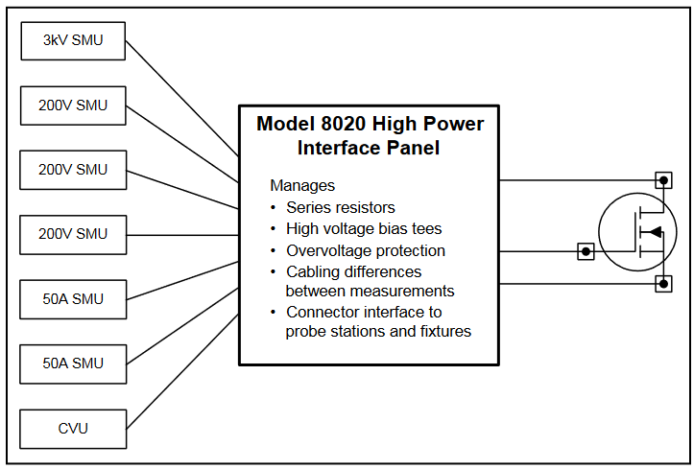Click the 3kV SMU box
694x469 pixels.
click(73, 41)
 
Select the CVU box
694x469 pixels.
click(73, 428)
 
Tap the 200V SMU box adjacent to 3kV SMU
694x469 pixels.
click(73, 106)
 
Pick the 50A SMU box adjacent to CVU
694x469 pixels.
click(73, 363)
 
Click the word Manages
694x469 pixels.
click(302, 185)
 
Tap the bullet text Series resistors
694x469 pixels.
click(340, 207)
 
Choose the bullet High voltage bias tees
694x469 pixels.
click(364, 229)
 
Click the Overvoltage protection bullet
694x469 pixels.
click(365, 251)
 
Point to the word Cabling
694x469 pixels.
click(313, 272)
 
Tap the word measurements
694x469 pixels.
click(407, 291)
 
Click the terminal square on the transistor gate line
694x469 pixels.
click(585, 252)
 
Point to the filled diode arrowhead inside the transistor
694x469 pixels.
click(655, 232)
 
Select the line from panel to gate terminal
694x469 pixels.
click(538, 252)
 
